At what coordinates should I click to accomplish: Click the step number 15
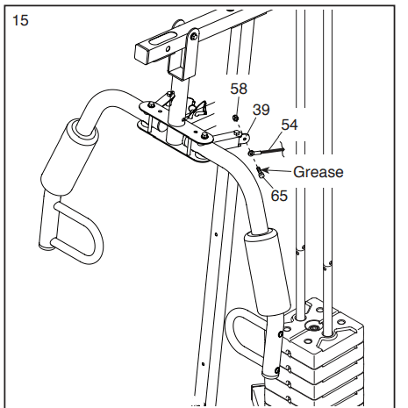click(x=20, y=20)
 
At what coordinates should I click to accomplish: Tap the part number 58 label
click(x=239, y=89)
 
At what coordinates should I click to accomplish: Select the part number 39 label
click(x=261, y=110)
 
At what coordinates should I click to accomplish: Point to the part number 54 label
click(x=290, y=125)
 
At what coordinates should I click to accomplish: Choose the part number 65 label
click(x=279, y=196)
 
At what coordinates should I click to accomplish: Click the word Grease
click(x=319, y=172)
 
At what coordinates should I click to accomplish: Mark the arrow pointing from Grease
click(x=276, y=170)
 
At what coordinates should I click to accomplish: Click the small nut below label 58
click(x=235, y=118)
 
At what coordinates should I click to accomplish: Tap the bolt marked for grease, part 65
click(x=261, y=172)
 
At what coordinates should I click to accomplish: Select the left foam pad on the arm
click(x=69, y=157)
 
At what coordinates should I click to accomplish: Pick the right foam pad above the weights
click(x=268, y=272)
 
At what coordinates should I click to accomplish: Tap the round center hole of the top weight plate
click(x=313, y=326)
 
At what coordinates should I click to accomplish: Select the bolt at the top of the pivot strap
click(x=194, y=37)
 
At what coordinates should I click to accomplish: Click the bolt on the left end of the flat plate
click(x=151, y=104)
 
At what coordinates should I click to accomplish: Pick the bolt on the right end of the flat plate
click(x=204, y=135)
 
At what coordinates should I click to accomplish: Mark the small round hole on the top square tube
click(x=168, y=49)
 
